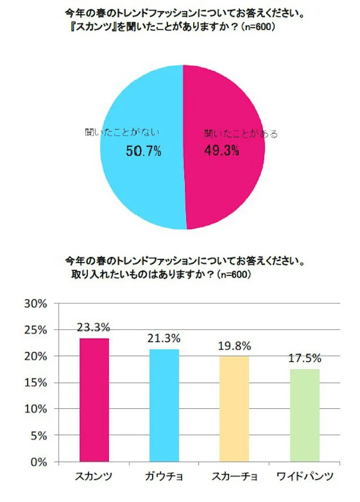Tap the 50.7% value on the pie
(x=143, y=152)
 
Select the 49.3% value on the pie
(x=221, y=151)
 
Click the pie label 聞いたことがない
(x=122, y=133)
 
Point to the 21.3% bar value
(x=164, y=339)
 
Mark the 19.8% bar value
(x=234, y=346)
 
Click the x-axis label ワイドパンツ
(x=304, y=476)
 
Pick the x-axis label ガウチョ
(x=164, y=476)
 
